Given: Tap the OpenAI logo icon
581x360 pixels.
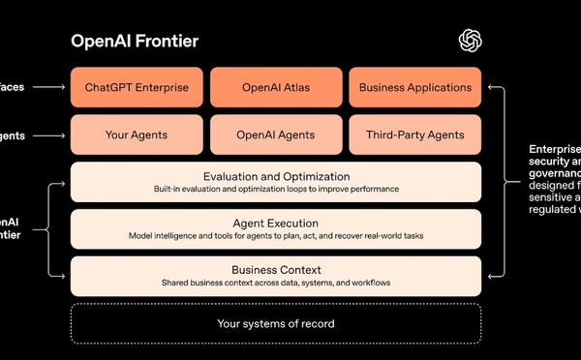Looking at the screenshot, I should [x=470, y=40].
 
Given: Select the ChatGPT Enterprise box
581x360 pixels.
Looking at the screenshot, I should [x=136, y=87].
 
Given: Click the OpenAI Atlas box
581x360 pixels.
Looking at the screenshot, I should [x=275, y=87].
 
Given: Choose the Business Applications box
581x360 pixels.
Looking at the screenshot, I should [x=414, y=87].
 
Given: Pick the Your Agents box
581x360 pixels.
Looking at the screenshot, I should [x=136, y=135].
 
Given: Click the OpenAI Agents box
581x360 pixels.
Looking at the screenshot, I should [x=275, y=135].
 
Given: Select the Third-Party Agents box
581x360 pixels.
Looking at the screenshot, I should [x=414, y=135].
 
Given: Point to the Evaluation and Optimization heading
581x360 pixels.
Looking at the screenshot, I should [x=276, y=176].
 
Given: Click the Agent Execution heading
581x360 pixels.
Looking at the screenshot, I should [x=276, y=224].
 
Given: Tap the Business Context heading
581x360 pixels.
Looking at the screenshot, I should [x=276, y=270].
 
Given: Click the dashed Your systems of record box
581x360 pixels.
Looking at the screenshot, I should [x=276, y=323].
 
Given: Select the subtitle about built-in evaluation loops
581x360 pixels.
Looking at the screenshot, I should [x=276, y=189].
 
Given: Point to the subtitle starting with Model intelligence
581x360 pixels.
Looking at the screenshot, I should [x=276, y=236].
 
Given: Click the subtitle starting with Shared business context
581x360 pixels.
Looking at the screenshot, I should [x=276, y=283].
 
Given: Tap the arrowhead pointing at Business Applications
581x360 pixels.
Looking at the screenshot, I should [x=490, y=87].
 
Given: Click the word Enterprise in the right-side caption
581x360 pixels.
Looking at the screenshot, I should [x=555, y=149].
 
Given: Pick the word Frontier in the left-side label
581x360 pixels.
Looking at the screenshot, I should [x=10, y=234].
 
